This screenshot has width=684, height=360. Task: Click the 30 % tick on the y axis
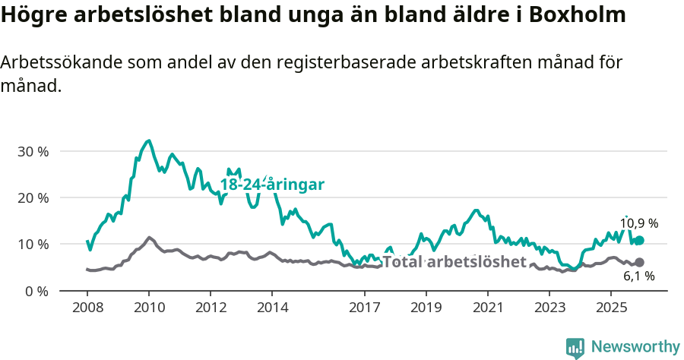coord(33,151)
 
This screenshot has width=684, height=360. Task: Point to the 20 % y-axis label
coord(33,197)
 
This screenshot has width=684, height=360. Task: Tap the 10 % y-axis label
coord(33,245)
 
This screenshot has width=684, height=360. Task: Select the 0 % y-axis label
coord(36,291)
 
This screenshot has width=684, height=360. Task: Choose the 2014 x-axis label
coord(272,308)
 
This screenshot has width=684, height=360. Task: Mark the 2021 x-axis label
coord(488,308)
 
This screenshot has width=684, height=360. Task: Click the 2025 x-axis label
coord(611,308)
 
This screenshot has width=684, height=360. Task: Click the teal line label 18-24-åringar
coord(272,185)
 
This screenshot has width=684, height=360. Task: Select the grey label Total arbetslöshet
coord(454,262)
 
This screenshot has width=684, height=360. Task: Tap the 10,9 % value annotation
coord(639,224)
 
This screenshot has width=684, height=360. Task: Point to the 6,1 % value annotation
coord(639,276)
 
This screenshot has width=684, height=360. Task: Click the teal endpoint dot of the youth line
coord(639,241)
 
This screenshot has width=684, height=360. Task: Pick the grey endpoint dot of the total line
coord(639,262)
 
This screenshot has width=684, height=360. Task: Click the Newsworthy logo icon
coord(575,348)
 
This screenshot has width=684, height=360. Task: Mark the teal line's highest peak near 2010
coord(148,141)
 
